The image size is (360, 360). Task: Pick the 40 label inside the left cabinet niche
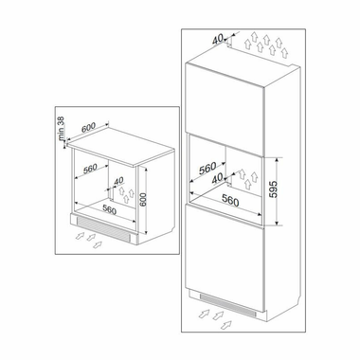click(118, 183)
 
